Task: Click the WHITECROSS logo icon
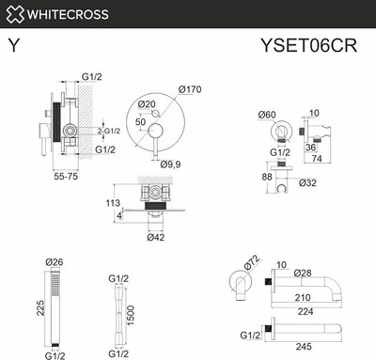(13, 14)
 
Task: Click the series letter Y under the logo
(12, 44)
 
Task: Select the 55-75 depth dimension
(66, 175)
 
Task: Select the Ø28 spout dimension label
(303, 273)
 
